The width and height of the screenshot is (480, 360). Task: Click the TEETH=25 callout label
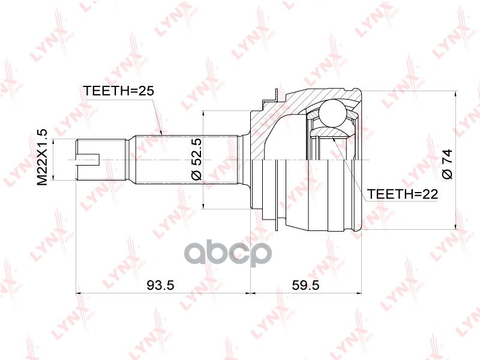click(118, 91)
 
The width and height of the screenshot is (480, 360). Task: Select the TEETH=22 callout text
click(403, 194)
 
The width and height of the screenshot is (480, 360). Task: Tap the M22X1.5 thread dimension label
click(42, 157)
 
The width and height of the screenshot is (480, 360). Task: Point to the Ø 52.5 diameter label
click(197, 159)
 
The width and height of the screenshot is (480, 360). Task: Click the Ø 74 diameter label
click(447, 164)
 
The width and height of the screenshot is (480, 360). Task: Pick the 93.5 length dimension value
click(160, 286)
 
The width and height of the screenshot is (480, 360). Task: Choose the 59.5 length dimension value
click(305, 286)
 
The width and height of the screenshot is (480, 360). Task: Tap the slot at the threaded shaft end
click(88, 159)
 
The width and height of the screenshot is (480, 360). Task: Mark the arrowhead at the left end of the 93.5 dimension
click(79, 294)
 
